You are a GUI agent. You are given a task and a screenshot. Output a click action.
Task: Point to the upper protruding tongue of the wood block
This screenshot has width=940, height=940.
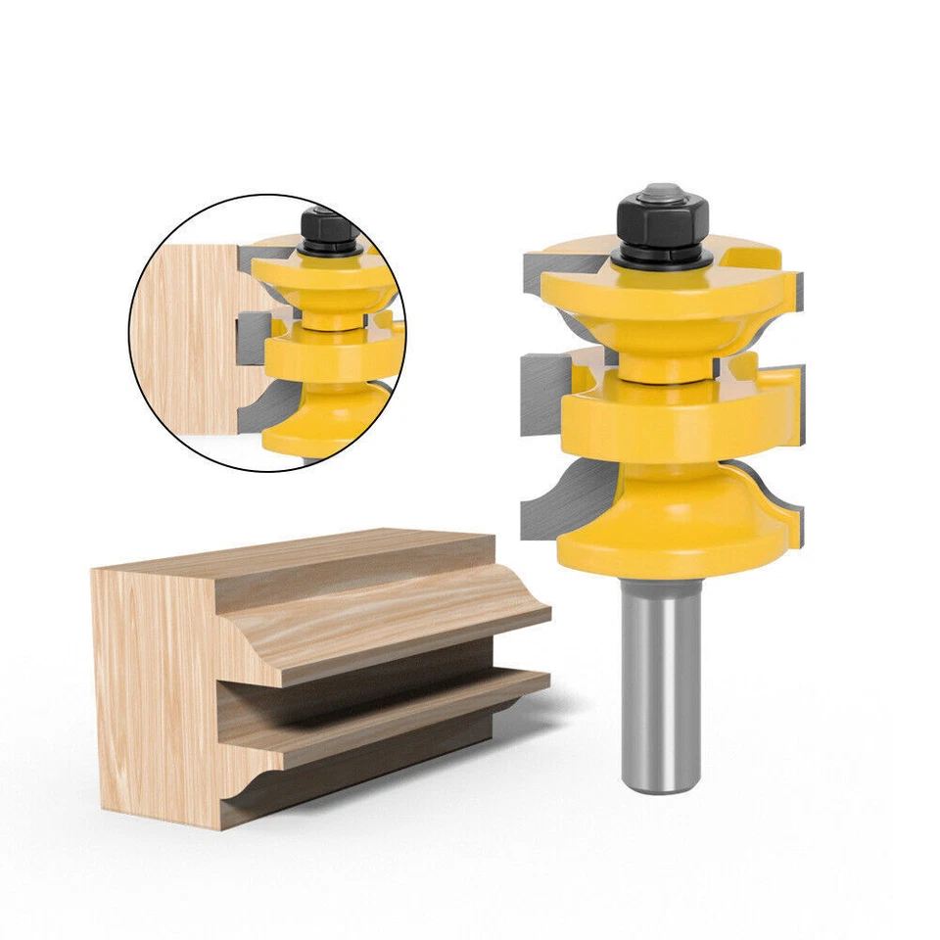(411, 627)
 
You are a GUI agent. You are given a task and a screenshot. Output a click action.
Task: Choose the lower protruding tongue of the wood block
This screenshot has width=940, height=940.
(392, 725)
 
